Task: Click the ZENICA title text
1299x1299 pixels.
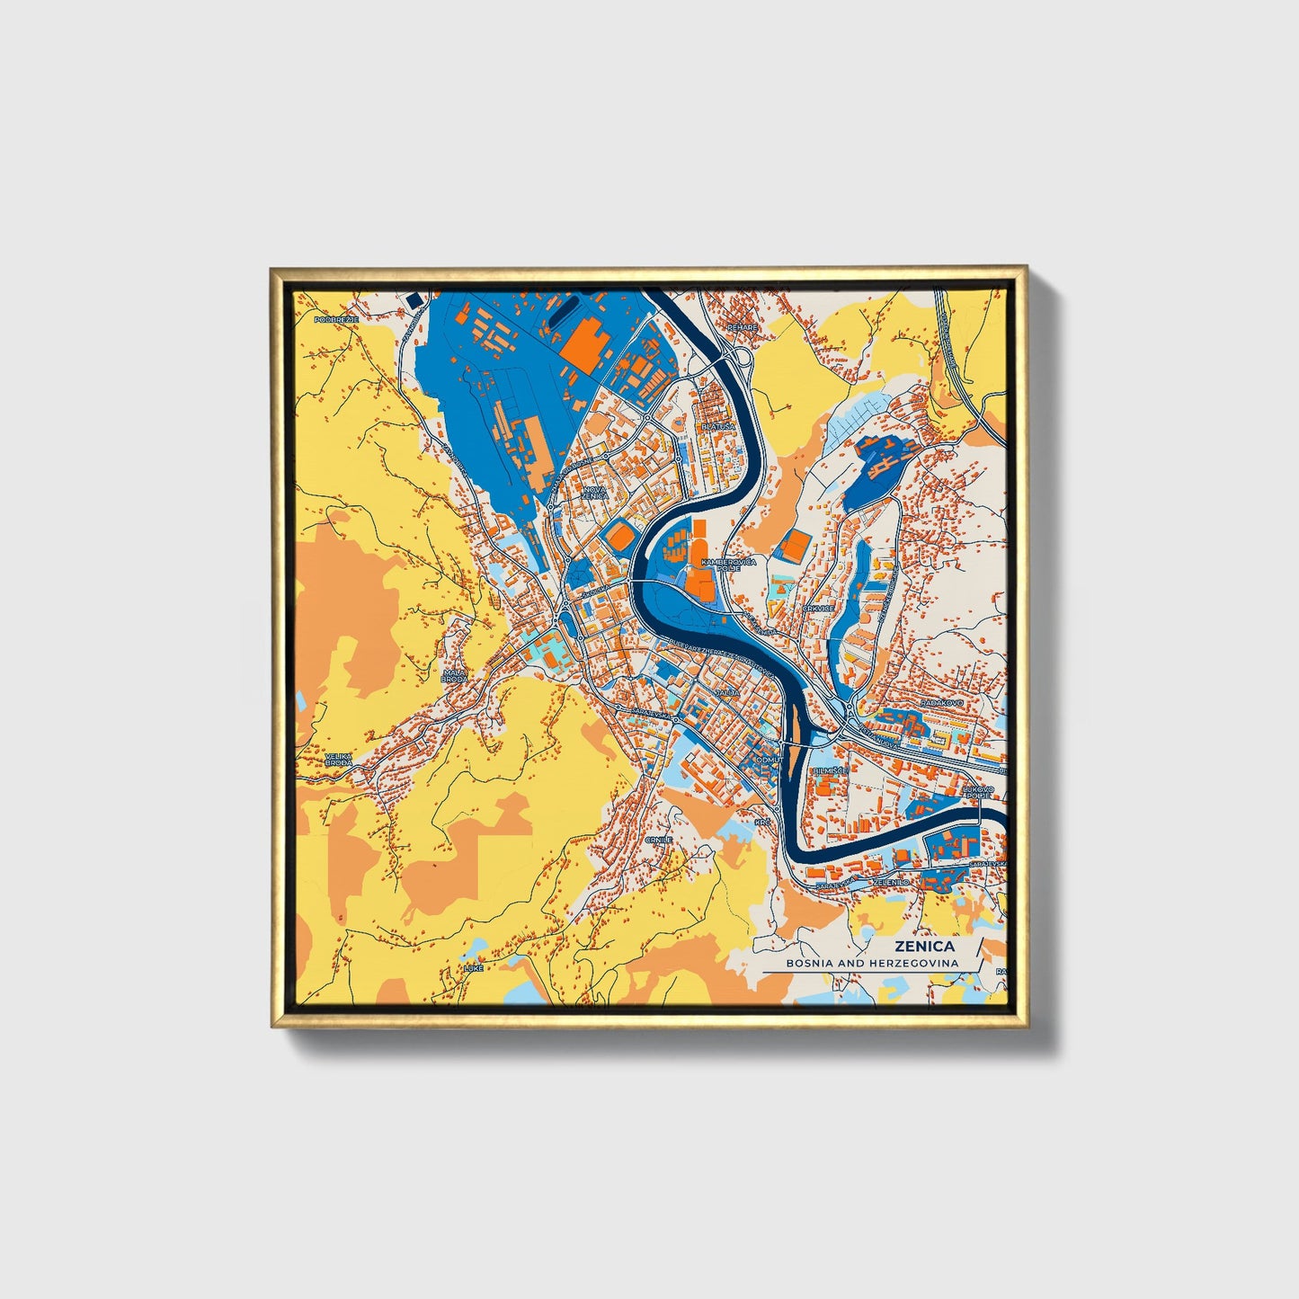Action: coord(924,946)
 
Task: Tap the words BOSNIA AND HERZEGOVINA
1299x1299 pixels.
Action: coord(871,963)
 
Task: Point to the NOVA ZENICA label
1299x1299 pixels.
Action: coord(595,493)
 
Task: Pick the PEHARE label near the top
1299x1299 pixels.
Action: coord(743,328)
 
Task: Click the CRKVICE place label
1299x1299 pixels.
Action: coord(818,609)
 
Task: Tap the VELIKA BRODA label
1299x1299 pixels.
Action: coord(339,759)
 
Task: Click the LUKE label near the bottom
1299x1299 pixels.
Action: coord(473,968)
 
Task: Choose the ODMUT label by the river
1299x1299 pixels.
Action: coord(770,760)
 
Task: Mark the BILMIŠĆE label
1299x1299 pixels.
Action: coord(827,771)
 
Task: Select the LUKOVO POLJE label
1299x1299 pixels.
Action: coord(978,792)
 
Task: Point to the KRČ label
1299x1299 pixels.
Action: coord(762,822)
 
